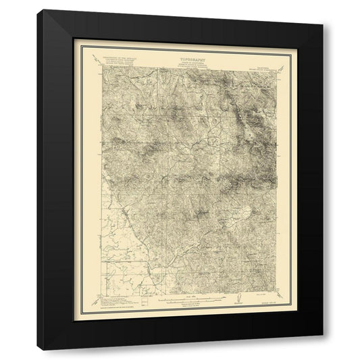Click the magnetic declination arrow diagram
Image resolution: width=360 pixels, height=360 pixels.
(x=238, y=301)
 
